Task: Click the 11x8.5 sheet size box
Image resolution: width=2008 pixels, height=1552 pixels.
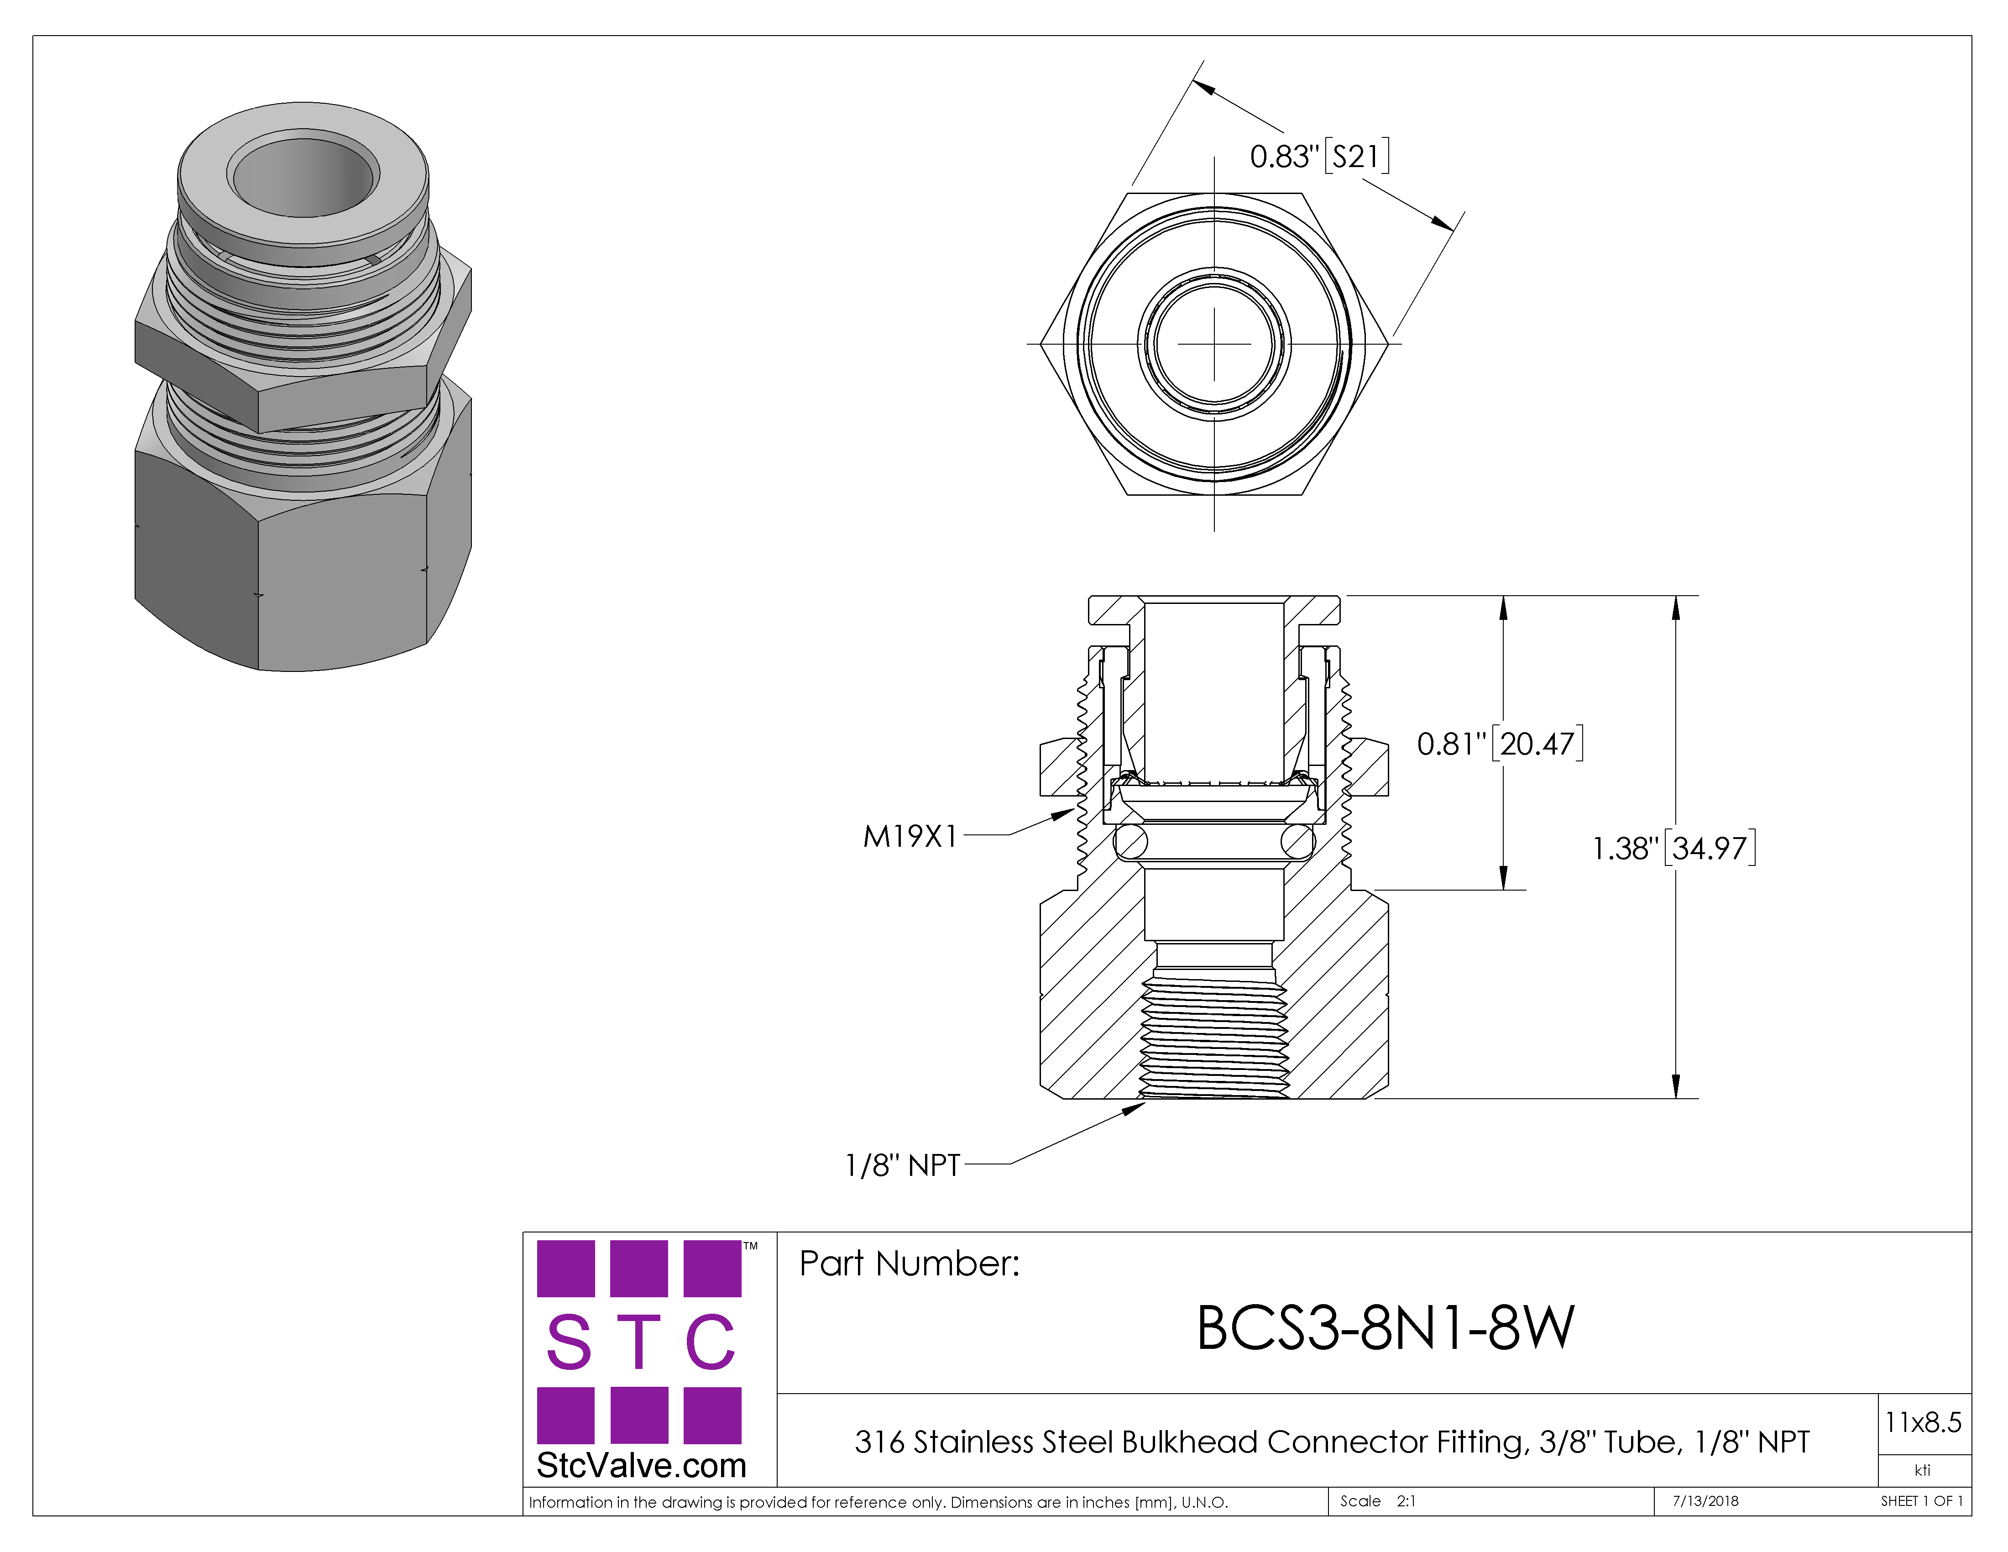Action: tap(1923, 1422)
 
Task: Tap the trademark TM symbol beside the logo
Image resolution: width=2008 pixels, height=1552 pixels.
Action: tap(750, 1247)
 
